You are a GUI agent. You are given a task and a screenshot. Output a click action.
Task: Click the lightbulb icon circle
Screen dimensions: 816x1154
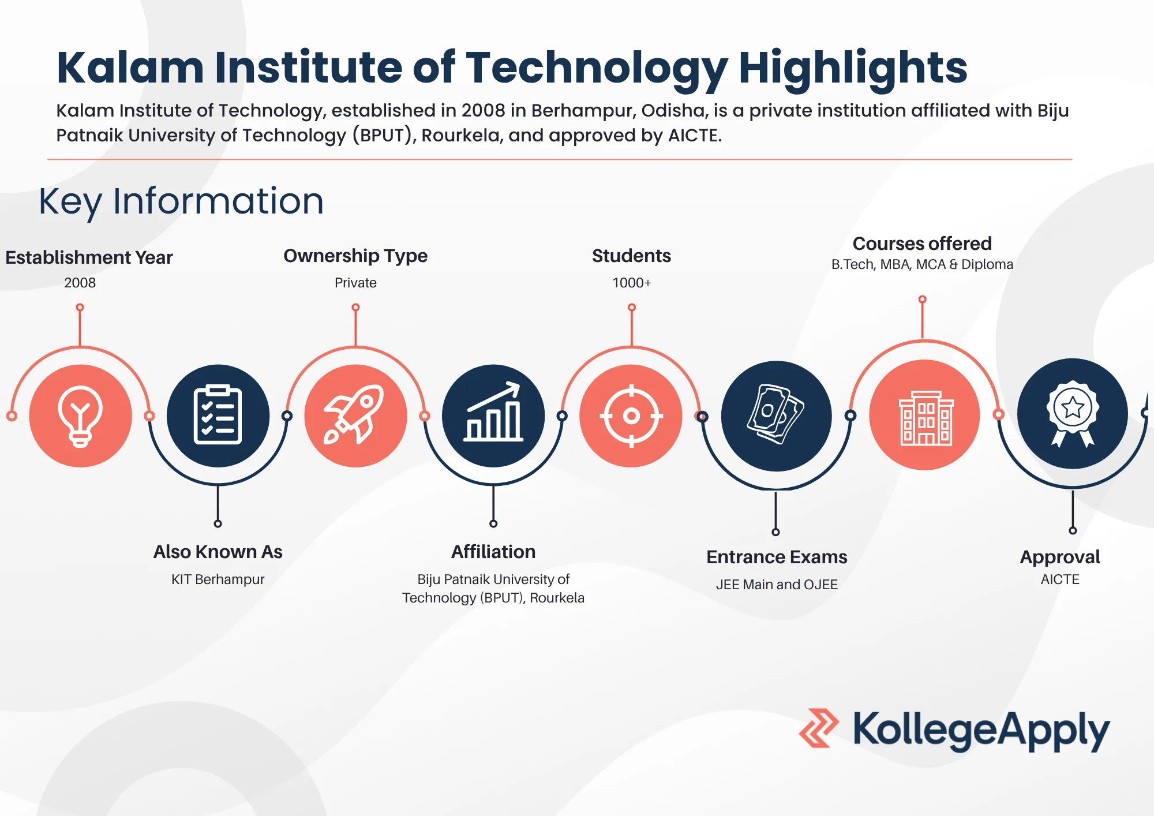point(80,416)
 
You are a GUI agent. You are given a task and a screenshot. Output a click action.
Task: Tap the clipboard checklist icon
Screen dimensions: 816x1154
point(218,416)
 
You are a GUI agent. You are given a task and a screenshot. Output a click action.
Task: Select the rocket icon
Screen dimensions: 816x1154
point(355,416)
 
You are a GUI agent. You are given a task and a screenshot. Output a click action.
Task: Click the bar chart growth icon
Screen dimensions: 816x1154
point(493,416)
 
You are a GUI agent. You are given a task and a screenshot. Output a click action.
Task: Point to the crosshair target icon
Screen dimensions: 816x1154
point(631,416)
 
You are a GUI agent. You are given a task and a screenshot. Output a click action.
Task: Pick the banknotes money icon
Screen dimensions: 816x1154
point(776,416)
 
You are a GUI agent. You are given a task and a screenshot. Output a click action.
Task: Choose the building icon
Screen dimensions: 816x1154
point(925,416)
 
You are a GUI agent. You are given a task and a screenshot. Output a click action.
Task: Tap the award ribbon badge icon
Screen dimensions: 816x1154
point(1073,413)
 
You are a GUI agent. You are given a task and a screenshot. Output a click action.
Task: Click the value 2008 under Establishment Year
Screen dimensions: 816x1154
point(80,283)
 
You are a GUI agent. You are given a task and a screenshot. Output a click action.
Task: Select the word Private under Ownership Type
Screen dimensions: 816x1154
point(355,283)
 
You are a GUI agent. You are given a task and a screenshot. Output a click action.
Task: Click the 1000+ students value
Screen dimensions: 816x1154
point(631,283)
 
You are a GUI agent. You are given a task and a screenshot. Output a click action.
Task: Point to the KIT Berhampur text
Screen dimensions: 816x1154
point(218,579)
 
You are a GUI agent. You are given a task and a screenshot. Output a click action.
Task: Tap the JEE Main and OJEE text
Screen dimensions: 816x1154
point(777,584)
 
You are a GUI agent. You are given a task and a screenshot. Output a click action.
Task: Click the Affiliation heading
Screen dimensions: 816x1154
point(493,552)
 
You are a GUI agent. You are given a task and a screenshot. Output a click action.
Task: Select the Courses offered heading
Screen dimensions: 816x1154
point(922,244)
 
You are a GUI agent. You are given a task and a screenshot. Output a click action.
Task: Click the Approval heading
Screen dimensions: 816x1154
point(1060,557)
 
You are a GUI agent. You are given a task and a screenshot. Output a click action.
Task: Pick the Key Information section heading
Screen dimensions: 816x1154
point(181,201)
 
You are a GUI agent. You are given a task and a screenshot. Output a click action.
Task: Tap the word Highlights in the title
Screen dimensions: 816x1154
point(853,68)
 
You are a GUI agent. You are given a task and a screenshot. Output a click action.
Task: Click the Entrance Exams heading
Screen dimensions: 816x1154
point(777,557)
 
